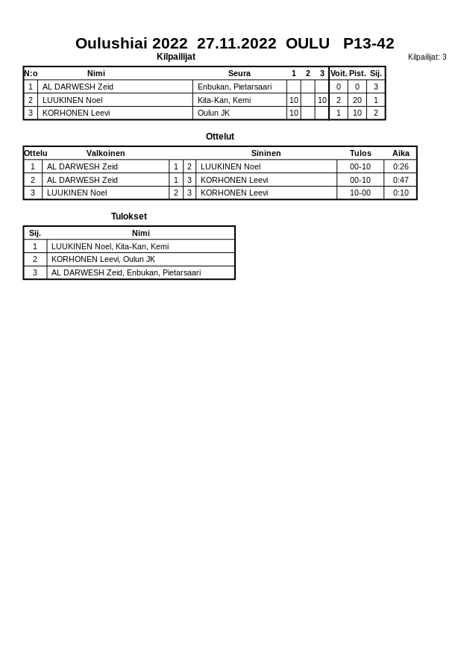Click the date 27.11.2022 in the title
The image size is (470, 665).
tap(236, 43)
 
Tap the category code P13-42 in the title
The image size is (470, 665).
tap(369, 43)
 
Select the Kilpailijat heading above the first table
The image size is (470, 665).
tap(176, 57)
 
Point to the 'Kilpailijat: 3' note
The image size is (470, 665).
tap(427, 57)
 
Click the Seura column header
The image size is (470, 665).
tap(239, 73)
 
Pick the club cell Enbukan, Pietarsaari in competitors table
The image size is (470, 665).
tap(234, 87)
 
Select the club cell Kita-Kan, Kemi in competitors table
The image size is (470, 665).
tap(224, 100)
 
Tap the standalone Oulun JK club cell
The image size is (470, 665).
tap(213, 113)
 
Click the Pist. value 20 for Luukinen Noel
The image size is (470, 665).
tap(357, 100)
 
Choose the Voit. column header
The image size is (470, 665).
tap(339, 73)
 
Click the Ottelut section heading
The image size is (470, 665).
tap(220, 137)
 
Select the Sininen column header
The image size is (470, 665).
tap(266, 153)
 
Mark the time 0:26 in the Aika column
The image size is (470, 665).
tap(401, 166)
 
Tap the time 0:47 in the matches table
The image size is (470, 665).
tap(401, 180)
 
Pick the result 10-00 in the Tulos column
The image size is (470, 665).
tap(360, 193)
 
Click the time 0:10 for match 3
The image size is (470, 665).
tap(401, 193)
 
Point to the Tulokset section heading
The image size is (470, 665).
tap(129, 216)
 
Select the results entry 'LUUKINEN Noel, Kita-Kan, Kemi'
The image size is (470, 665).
tap(110, 246)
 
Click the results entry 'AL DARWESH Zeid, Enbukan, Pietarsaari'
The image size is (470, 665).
tap(126, 272)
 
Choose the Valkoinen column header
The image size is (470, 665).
tap(106, 153)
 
